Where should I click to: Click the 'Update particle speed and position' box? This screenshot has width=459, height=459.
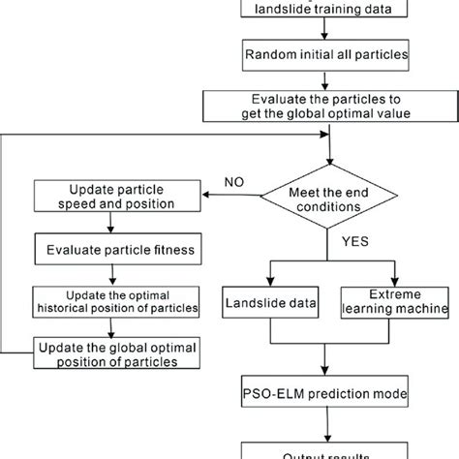coord(117,196)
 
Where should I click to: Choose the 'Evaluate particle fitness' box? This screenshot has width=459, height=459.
coord(117,249)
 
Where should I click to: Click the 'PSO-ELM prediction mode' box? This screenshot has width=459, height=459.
coord(332,396)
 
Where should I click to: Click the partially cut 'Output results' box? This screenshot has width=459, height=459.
coord(332,451)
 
